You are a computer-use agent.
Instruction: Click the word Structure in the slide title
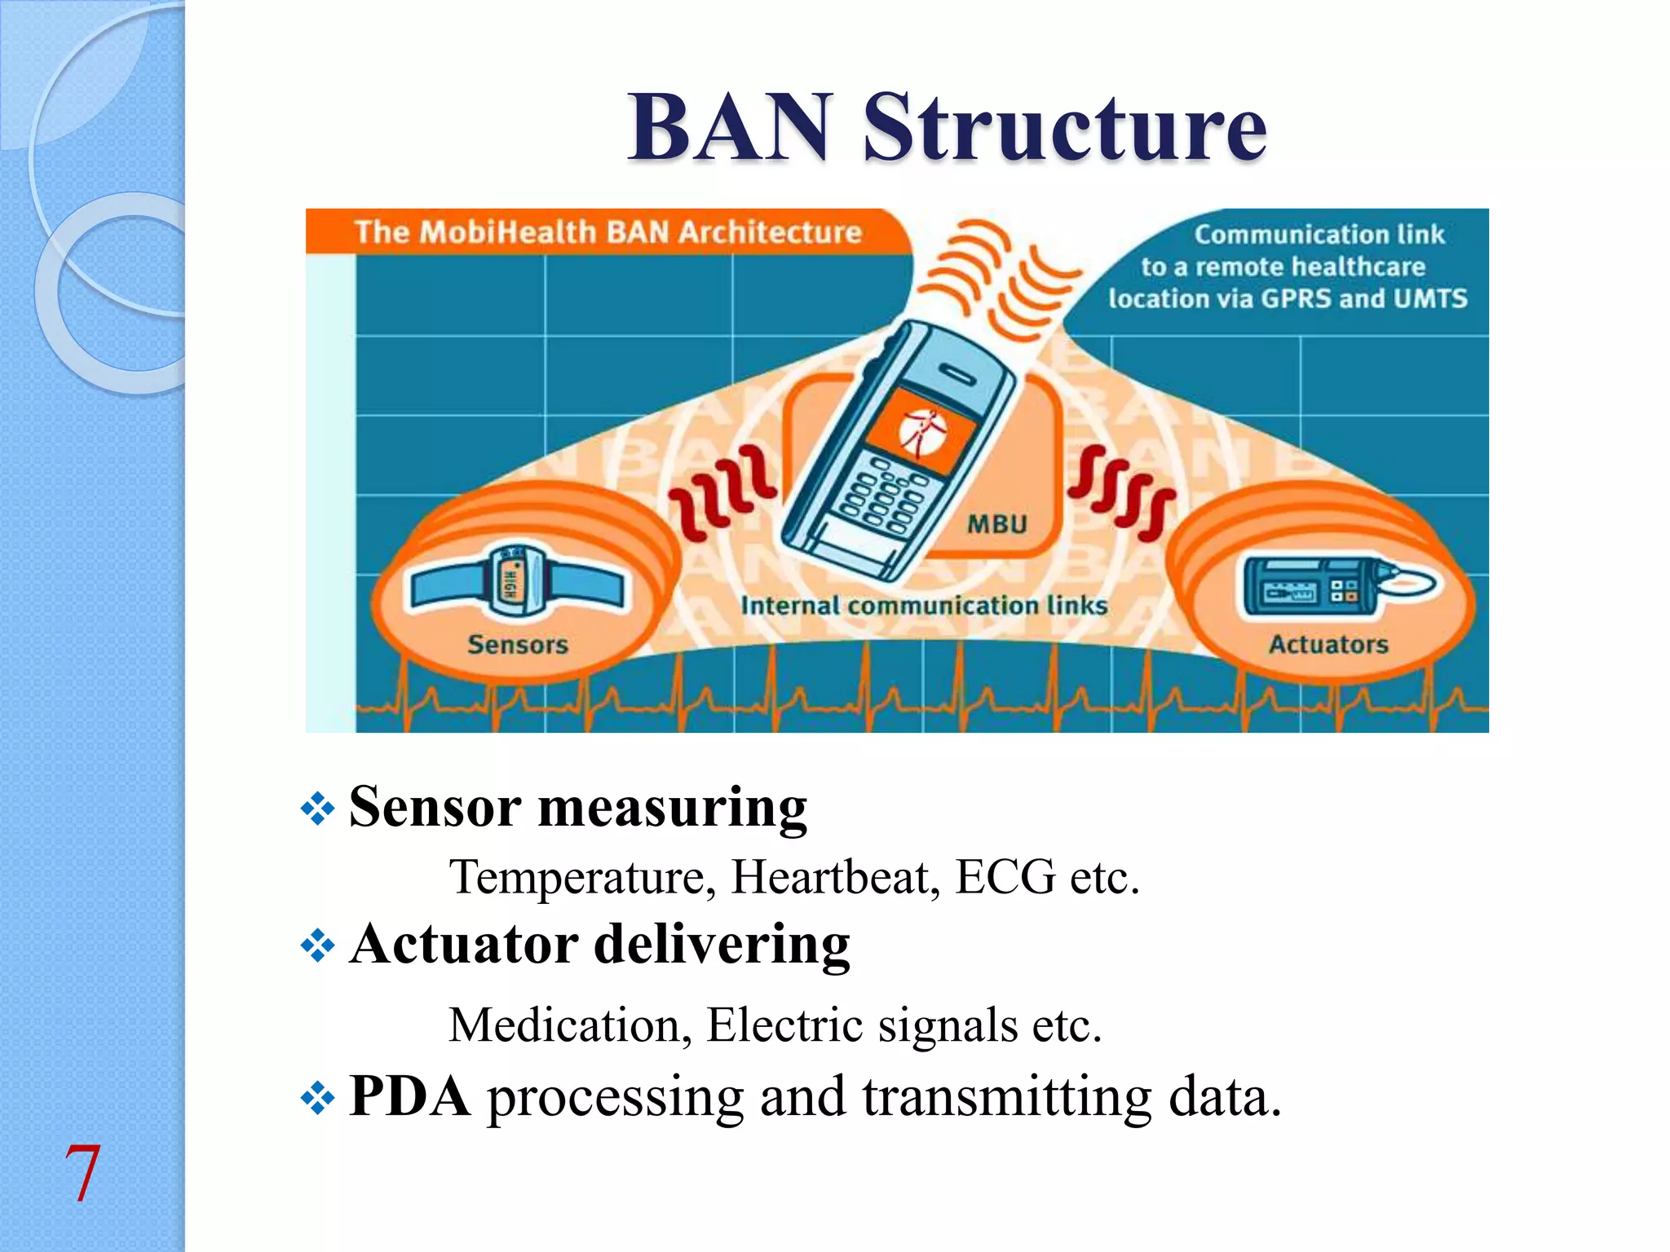click(x=1064, y=128)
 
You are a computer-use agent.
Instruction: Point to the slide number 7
click(x=82, y=1174)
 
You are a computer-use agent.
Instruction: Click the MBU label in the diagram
click(x=996, y=524)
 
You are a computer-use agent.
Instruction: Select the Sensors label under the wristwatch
click(x=518, y=645)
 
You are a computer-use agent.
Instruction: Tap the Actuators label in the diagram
click(x=1328, y=645)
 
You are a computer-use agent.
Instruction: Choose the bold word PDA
click(x=409, y=1096)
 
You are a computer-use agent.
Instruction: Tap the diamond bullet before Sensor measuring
click(x=317, y=809)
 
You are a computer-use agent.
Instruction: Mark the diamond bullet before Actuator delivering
click(x=317, y=946)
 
